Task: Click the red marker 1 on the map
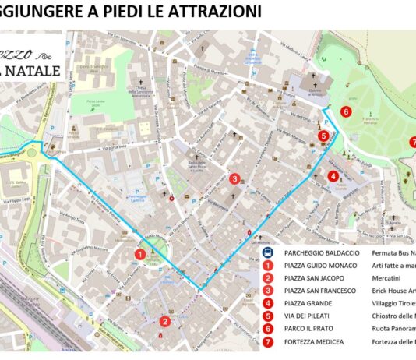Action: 139,253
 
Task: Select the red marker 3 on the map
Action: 234,178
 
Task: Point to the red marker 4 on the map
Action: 333,176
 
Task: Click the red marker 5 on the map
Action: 323,136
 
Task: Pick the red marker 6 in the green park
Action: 345,111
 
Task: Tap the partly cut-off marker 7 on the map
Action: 413,142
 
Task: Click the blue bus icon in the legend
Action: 267,252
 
